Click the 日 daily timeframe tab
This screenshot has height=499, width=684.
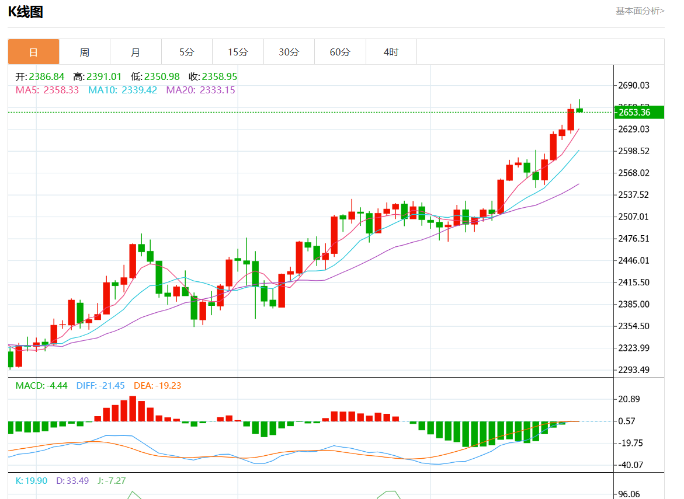coord(33,52)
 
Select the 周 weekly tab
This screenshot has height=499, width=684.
coord(85,52)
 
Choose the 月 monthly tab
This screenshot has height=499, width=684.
coord(136,52)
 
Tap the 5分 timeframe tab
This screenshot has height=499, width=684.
coord(186,52)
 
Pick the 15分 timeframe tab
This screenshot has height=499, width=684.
coord(238,52)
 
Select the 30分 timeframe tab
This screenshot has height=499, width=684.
coord(289,52)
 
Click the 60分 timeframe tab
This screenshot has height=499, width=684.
coord(340,52)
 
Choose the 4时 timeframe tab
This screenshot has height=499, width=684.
coord(391,52)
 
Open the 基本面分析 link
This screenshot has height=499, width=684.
coord(640,11)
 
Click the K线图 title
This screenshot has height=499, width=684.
coord(25,12)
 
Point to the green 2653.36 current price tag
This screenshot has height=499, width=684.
coord(639,112)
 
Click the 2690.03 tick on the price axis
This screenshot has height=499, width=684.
coord(634,85)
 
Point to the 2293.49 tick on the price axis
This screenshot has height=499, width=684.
coord(634,369)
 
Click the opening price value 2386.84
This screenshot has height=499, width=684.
coord(47,76)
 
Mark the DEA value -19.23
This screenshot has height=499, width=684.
coord(168,386)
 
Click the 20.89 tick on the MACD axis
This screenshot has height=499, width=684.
coord(629,399)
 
